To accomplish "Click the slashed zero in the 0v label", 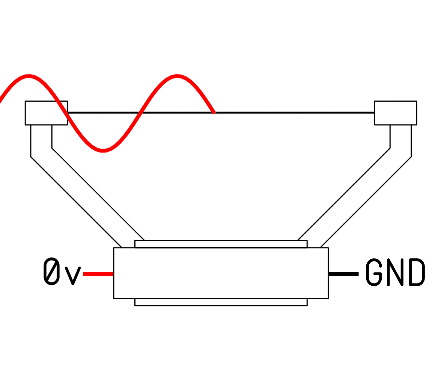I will [x=52, y=271].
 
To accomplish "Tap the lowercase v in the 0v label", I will [x=73, y=276].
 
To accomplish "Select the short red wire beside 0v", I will [x=98, y=274].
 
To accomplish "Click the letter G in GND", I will [x=374, y=272].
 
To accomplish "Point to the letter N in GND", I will [x=395, y=272].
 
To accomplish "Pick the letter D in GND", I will [x=417, y=272].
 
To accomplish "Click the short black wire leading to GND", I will [x=343, y=274].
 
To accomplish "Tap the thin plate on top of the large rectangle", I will [x=221, y=244].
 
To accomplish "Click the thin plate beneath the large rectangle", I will [x=221, y=302].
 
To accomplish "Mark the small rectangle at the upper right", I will [x=396, y=112].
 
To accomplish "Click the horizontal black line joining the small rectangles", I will [x=293, y=112].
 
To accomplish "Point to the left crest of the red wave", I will [x=29, y=76].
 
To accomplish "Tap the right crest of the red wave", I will [x=178, y=76].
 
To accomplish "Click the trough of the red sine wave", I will [x=103, y=150].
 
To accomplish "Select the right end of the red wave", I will [x=214, y=112].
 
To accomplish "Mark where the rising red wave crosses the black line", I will [x=140, y=112].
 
